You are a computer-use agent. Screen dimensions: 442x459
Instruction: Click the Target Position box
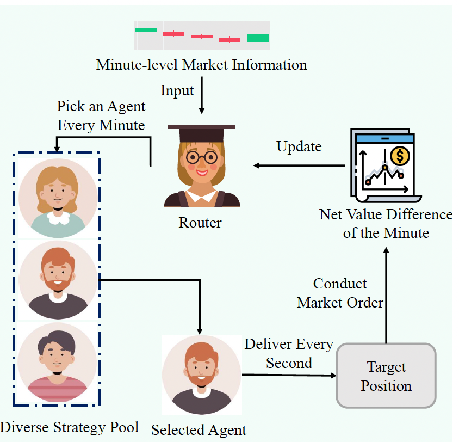click(x=386, y=376)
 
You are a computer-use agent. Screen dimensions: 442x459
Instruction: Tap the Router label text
click(x=200, y=223)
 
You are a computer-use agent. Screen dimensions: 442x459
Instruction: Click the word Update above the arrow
click(x=299, y=146)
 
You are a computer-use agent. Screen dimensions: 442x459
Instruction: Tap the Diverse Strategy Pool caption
click(x=70, y=427)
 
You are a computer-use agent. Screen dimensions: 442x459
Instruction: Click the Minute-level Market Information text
click(x=201, y=65)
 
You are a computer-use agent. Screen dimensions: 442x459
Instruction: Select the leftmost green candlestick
click(x=146, y=29)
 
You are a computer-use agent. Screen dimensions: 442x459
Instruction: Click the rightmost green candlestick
click(x=258, y=38)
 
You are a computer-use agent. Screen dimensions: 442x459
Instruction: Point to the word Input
click(x=177, y=90)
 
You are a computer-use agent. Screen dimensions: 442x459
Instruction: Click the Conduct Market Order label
click(x=340, y=293)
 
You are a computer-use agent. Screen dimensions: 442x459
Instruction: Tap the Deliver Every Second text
click(x=289, y=353)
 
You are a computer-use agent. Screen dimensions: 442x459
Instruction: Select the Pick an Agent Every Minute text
click(x=101, y=115)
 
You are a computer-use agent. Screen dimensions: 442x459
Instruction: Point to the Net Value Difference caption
click(x=386, y=224)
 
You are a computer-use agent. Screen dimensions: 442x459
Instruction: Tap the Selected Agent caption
click(x=199, y=429)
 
